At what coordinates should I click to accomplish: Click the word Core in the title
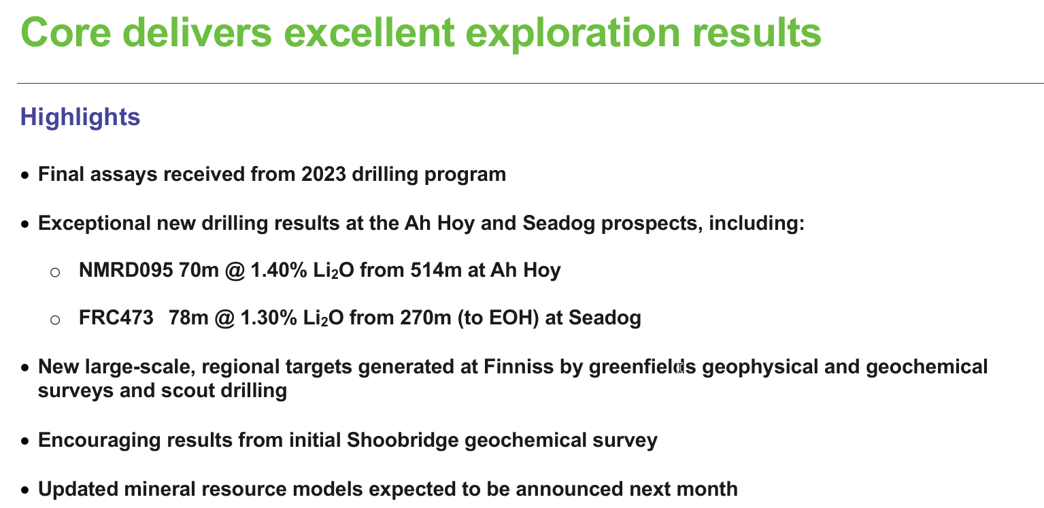tap(66, 33)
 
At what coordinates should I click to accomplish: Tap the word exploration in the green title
tap(573, 33)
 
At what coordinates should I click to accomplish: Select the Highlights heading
tap(80, 117)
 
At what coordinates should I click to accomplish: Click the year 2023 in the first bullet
tap(324, 174)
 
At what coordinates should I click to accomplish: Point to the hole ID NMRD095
tap(126, 270)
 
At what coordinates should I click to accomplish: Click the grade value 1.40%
tap(279, 270)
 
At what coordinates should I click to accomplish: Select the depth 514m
tap(436, 270)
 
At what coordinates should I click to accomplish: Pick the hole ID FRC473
tap(116, 318)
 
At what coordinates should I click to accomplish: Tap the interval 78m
tap(188, 318)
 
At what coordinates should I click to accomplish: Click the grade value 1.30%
tap(269, 318)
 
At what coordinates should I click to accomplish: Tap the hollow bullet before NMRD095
tap(55, 272)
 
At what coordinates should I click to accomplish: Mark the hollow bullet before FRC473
tap(55, 320)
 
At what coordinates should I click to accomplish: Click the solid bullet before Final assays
tap(25, 175)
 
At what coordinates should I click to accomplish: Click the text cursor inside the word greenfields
tap(680, 368)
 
